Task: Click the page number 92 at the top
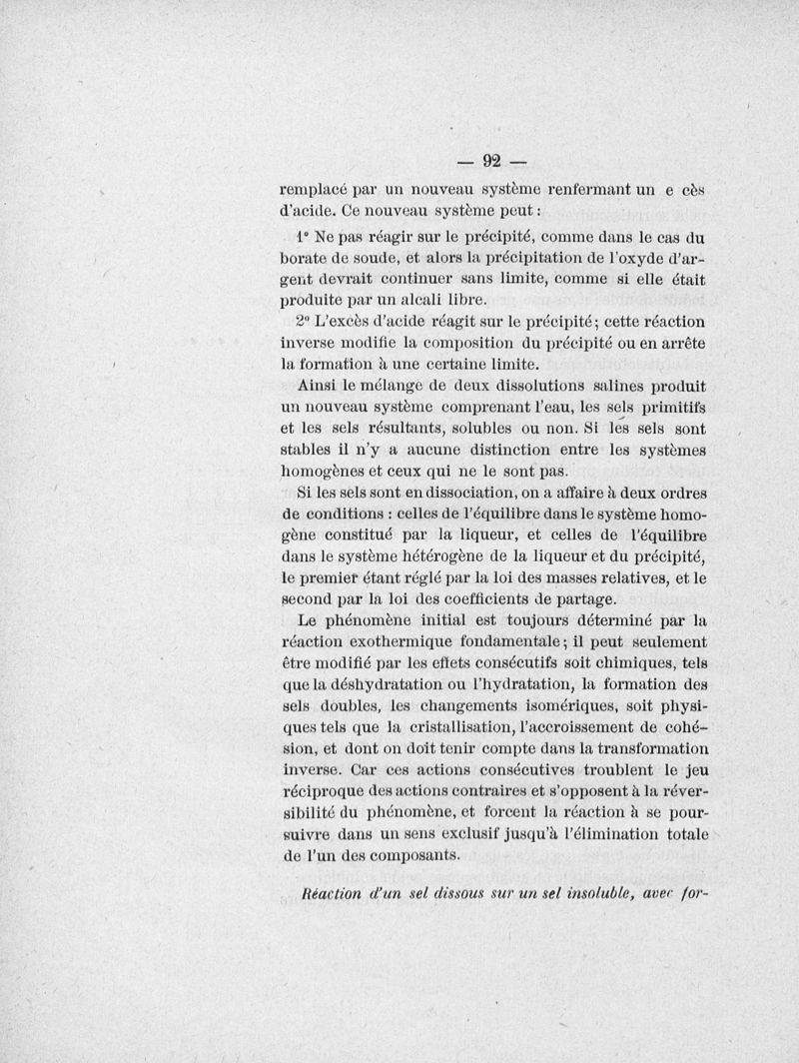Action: [491, 160]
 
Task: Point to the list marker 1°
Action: [303, 238]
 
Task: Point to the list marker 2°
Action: [304, 322]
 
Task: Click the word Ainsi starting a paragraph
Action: [319, 385]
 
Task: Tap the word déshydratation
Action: [400, 683]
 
